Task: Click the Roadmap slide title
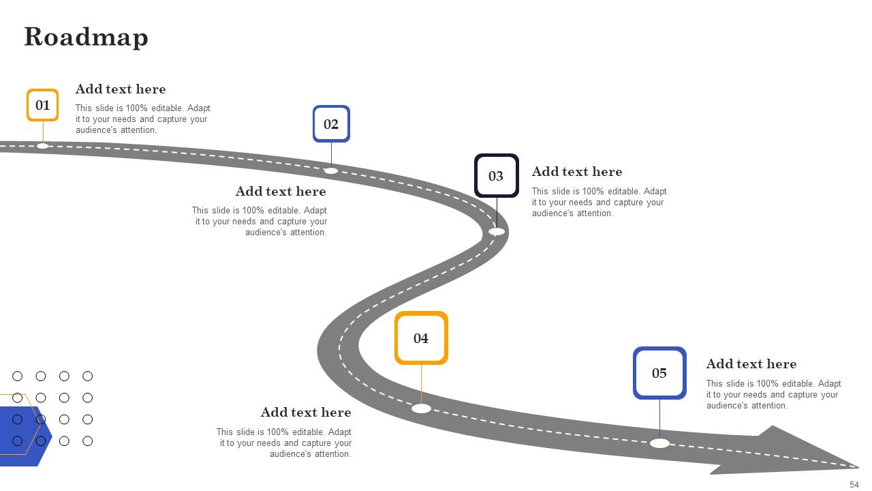pos(86,38)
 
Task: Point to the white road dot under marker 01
pos(42,146)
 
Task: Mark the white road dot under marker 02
pos(331,170)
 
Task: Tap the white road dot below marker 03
pos(497,232)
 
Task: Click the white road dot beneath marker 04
pos(421,408)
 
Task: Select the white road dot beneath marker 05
pos(660,443)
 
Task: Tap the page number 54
pos(854,484)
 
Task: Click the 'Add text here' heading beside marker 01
pos(121,89)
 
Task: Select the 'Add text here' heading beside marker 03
pos(577,172)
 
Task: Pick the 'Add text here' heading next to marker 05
pos(751,364)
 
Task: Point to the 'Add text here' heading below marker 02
pos(281,192)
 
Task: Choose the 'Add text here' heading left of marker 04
pos(306,413)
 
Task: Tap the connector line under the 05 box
pos(660,419)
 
